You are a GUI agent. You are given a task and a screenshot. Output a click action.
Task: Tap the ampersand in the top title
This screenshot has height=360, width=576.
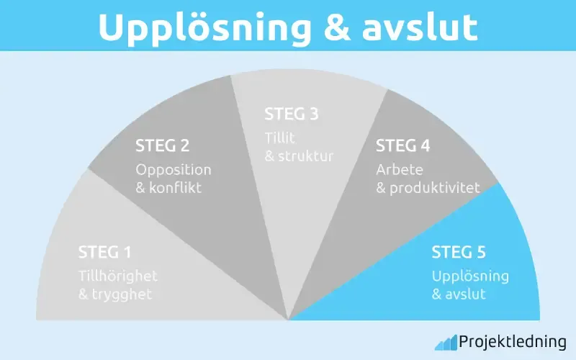click(338, 27)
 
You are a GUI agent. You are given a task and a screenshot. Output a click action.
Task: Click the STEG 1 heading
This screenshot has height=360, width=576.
click(105, 253)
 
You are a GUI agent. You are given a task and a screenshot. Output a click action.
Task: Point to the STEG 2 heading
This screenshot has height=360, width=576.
click(163, 145)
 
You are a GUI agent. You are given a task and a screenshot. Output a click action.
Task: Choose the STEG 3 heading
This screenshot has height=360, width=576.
click(292, 114)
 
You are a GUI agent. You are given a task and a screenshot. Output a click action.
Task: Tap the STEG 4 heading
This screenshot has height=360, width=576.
click(403, 145)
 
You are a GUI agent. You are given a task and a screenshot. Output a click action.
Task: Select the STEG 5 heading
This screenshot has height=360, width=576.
click(459, 253)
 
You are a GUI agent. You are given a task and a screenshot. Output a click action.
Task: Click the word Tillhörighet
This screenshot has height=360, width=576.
click(118, 276)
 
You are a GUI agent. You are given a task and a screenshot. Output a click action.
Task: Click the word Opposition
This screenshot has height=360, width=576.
click(174, 170)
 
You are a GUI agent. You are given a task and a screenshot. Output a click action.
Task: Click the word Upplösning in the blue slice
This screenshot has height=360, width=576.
click(470, 276)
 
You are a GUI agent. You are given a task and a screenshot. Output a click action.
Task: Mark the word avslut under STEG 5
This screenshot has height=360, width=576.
click(467, 294)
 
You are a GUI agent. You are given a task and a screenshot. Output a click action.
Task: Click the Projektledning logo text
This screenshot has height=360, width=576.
click(513, 342)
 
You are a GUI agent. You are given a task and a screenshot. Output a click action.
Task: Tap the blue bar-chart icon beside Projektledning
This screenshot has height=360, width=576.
click(445, 342)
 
